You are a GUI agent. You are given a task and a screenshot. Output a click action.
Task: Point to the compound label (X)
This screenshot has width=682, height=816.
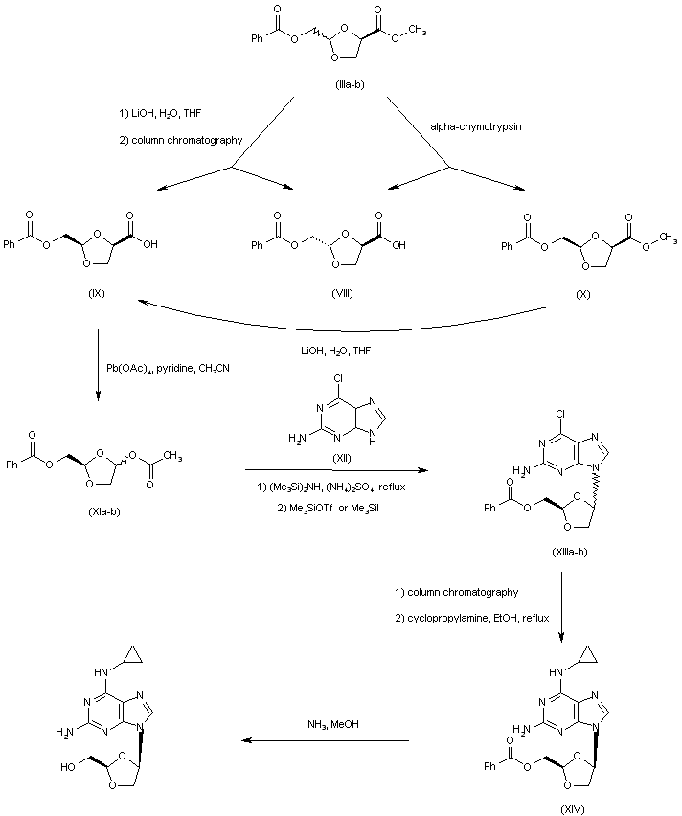582,293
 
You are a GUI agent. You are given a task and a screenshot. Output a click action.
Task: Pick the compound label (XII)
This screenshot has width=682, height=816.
340,460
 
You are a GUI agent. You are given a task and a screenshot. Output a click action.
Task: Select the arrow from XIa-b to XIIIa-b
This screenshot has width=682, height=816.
334,470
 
